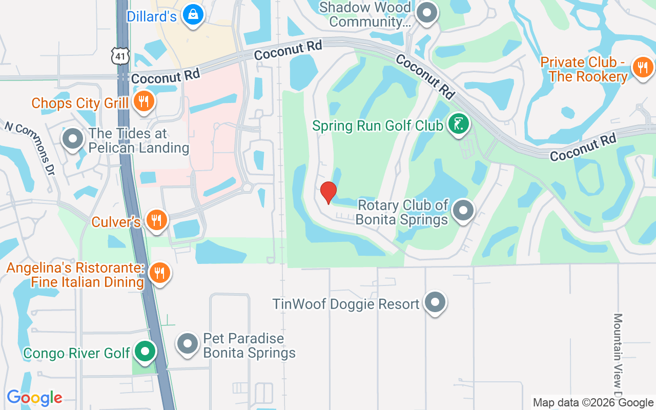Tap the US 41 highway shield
click(121, 55)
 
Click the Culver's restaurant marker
click(157, 220)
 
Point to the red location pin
click(329, 193)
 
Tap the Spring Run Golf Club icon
click(458, 124)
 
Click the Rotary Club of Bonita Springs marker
click(464, 210)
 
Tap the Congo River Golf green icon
click(145, 352)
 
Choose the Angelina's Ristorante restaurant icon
click(160, 273)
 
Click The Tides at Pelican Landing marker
click(73, 139)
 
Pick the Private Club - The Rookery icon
click(642, 67)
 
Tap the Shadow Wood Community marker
click(426, 13)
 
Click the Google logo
click(34, 398)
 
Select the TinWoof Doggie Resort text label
click(346, 304)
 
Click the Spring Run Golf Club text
click(378, 126)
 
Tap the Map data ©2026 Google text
click(593, 403)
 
